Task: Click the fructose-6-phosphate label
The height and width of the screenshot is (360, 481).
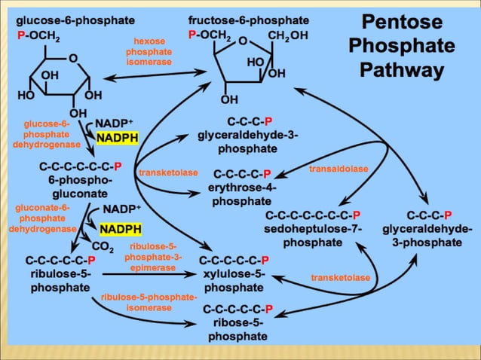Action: coord(249,20)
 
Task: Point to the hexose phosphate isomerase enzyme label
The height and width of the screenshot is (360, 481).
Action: coord(149,51)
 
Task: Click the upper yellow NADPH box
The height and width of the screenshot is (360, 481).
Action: coord(116,138)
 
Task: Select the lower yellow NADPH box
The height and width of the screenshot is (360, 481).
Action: coord(121,228)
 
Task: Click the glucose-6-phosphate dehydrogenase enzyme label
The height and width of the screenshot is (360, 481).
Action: coord(47,133)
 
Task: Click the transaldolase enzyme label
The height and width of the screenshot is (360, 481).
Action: coord(339,169)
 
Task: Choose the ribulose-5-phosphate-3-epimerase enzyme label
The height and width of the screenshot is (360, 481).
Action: coord(153,257)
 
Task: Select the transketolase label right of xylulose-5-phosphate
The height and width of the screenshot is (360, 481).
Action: coord(341,278)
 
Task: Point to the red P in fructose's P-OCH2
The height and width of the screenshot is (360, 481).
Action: coord(193,35)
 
